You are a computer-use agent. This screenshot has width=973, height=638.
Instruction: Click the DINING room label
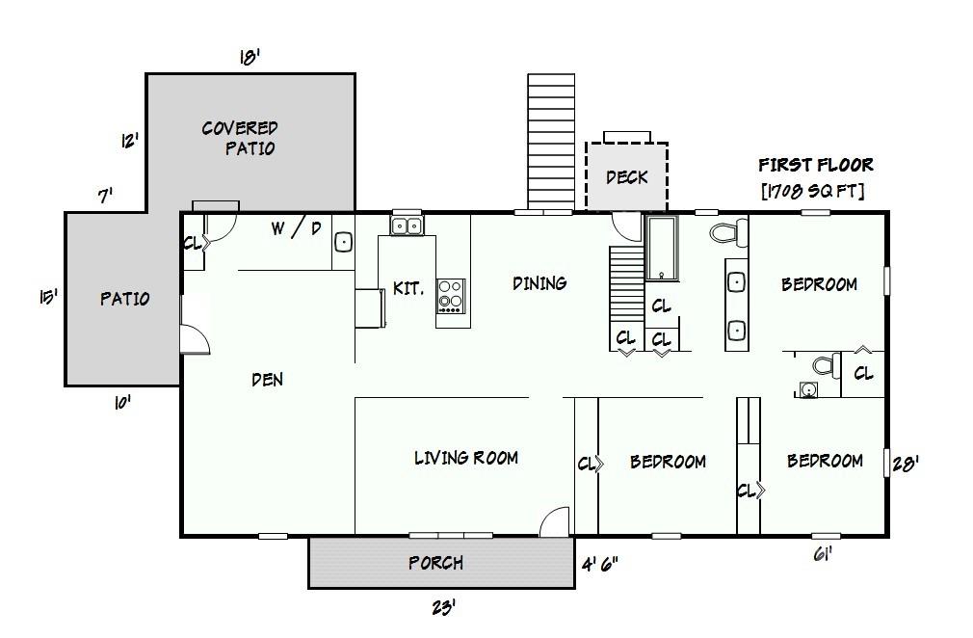click(x=539, y=283)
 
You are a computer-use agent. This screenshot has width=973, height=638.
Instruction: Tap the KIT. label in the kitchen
click(x=408, y=288)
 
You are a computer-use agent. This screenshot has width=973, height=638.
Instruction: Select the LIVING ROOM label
click(x=466, y=458)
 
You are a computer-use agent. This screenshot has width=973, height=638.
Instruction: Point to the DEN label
click(x=268, y=379)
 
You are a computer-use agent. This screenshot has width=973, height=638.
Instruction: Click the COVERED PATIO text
click(x=240, y=138)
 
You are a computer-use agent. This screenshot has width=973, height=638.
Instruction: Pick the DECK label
click(x=627, y=177)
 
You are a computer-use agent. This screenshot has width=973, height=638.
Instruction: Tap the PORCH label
click(x=435, y=563)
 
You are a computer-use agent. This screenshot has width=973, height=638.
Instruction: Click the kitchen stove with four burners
click(x=451, y=296)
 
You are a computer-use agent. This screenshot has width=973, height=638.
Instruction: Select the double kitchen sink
click(x=408, y=226)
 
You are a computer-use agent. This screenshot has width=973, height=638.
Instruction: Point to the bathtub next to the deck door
click(x=662, y=249)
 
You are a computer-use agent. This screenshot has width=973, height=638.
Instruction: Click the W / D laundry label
click(x=297, y=228)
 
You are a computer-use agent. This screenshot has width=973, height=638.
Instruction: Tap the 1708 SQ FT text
click(x=813, y=191)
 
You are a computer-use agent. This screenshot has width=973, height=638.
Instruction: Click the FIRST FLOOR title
click(x=815, y=165)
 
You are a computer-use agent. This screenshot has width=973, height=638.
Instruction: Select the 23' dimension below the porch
click(x=443, y=606)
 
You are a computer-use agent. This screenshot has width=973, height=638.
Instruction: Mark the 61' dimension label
click(x=822, y=553)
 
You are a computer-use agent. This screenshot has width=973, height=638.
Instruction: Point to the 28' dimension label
click(x=906, y=464)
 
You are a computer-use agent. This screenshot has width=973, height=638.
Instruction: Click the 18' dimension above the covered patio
click(x=250, y=57)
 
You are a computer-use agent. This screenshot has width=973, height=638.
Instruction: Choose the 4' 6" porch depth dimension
click(x=599, y=564)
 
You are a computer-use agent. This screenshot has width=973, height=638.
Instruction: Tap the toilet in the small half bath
click(x=827, y=365)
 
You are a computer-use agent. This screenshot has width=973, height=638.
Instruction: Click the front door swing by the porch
click(x=554, y=521)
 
